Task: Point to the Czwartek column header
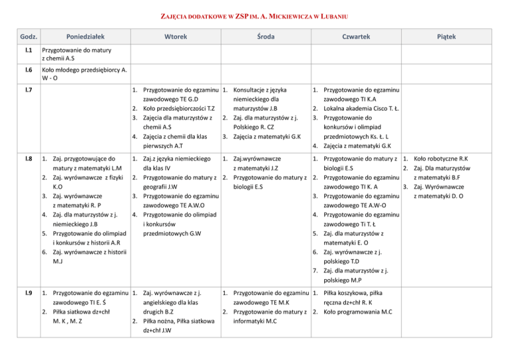[x=356, y=38]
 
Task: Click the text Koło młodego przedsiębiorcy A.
[x=84, y=69]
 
